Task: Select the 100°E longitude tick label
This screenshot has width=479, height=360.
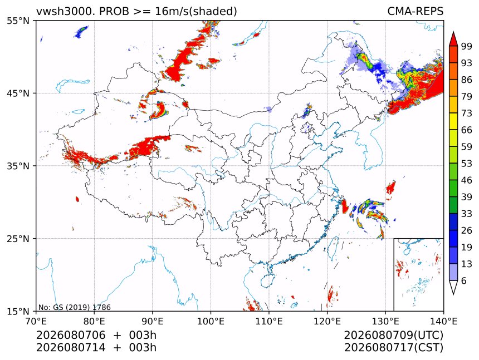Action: [x=211, y=321]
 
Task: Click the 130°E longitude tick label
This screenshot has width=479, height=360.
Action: [x=385, y=321]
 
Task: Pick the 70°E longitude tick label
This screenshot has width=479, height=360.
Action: [x=36, y=321]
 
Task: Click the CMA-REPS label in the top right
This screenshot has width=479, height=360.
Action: [x=415, y=11]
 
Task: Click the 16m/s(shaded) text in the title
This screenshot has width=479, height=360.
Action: [x=196, y=12]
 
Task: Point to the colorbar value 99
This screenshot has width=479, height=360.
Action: [x=467, y=46]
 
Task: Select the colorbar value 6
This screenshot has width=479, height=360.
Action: [x=464, y=280]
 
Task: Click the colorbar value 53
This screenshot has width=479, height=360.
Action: [x=467, y=164]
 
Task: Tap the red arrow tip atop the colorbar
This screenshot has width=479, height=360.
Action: [x=453, y=32]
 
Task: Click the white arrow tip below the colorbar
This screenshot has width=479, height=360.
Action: [x=453, y=294]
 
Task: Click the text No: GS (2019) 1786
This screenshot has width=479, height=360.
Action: [x=75, y=307]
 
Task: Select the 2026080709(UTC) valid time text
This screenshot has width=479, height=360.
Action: [x=394, y=336]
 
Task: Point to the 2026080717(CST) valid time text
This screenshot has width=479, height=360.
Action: [x=394, y=348]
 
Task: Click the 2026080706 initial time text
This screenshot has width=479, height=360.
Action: [x=71, y=335]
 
